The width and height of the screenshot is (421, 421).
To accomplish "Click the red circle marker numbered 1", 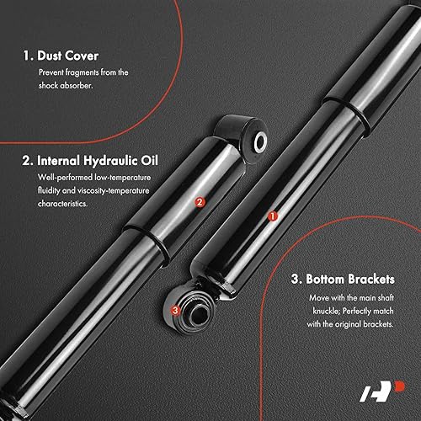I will (272, 216).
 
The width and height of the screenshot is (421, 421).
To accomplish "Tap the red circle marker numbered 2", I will (200, 202).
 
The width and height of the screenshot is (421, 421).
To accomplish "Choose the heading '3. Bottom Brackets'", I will (341, 279).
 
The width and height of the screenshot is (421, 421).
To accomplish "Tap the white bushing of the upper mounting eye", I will (259, 139).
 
